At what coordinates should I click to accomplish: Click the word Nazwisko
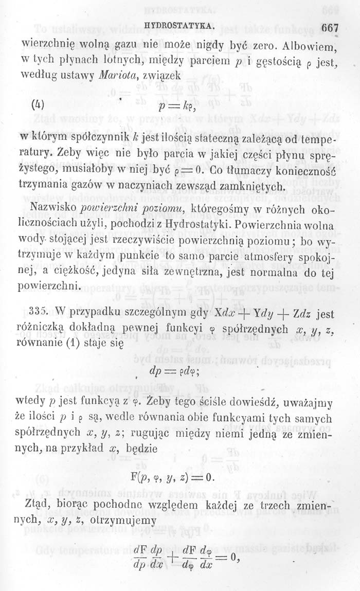(52, 209)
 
